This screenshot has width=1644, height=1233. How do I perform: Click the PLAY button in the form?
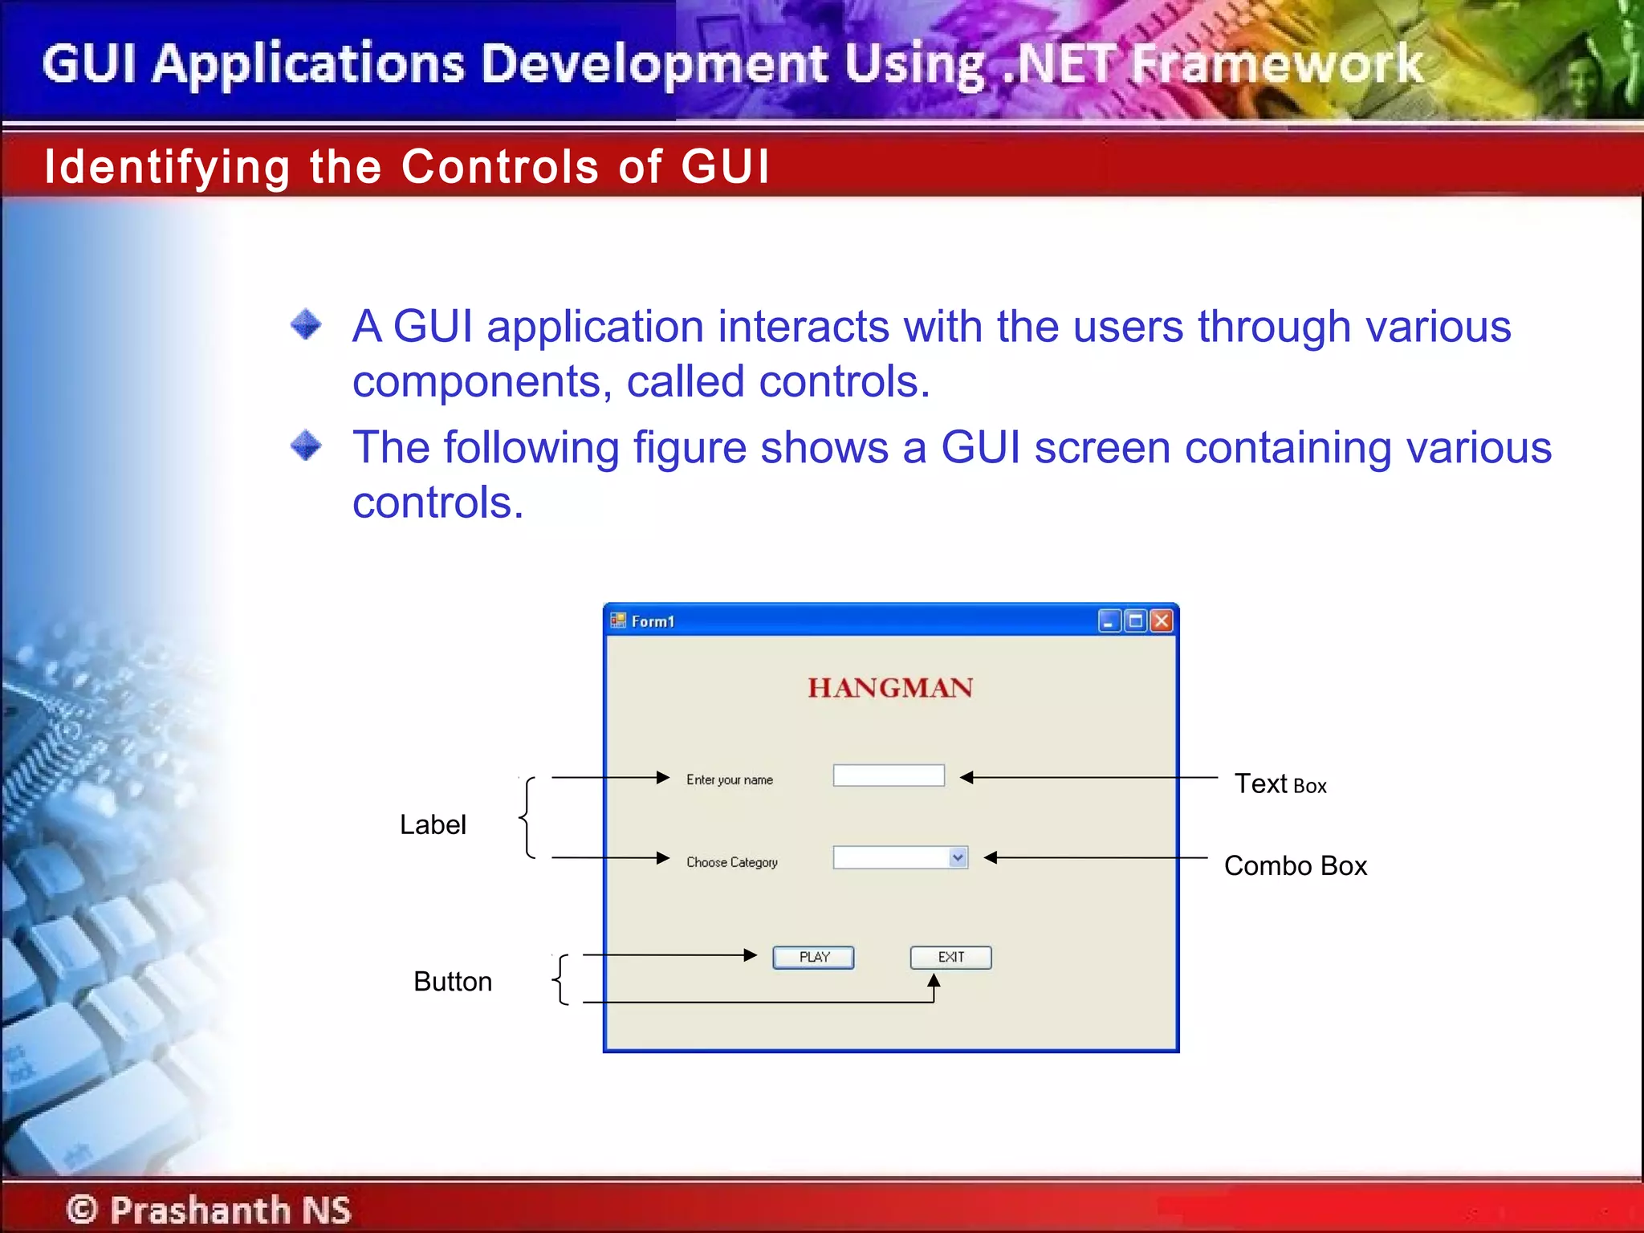click(813, 957)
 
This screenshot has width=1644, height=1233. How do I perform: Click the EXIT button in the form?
click(950, 957)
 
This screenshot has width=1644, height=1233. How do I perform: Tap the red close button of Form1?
click(1161, 621)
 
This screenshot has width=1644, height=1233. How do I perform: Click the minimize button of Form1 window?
click(1109, 621)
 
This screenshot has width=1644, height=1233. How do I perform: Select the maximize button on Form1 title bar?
click(1135, 621)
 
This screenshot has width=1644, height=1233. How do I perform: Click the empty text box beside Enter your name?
click(888, 775)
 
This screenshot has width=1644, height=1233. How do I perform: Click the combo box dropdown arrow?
click(957, 857)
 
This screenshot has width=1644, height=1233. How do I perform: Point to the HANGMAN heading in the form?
click(889, 688)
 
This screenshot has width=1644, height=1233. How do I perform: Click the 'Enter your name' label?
click(729, 779)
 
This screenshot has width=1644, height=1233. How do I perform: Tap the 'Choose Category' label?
click(731, 862)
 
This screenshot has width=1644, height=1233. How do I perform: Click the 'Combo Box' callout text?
click(1295, 865)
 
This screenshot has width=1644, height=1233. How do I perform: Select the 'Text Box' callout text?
click(1280, 784)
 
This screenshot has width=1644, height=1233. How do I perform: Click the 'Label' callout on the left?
click(433, 824)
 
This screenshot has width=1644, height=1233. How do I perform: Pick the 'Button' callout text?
click(452, 981)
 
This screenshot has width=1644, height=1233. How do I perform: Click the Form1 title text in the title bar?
click(653, 621)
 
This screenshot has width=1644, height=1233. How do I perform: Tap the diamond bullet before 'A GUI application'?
click(306, 324)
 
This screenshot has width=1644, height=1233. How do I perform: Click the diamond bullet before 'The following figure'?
click(306, 445)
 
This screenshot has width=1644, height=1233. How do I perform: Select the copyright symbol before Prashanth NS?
click(82, 1209)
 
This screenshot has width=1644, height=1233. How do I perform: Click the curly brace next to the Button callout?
click(561, 979)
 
